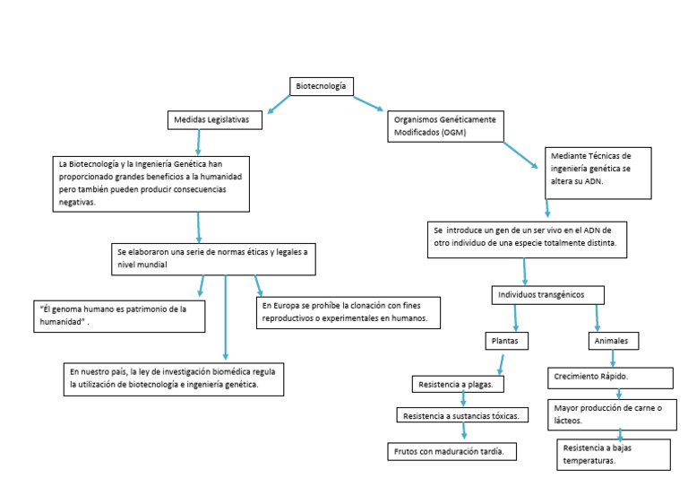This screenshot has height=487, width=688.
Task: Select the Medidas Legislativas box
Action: click(x=214, y=119)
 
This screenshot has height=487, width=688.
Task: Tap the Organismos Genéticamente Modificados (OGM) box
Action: click(x=445, y=125)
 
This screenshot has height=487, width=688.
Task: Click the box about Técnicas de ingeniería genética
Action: click(x=598, y=169)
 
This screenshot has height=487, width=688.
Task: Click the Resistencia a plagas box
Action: click(x=459, y=385)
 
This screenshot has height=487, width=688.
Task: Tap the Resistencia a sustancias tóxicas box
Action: click(x=461, y=415)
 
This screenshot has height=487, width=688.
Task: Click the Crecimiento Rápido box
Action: click(x=609, y=377)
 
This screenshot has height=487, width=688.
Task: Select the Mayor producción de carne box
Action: click(x=610, y=413)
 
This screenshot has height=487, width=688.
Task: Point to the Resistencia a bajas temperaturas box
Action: click(x=614, y=454)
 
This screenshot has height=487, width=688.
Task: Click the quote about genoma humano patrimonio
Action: click(x=117, y=316)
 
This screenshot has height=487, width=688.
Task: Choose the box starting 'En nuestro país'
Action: click(x=174, y=378)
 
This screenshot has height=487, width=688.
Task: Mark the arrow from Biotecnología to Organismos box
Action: click(x=367, y=103)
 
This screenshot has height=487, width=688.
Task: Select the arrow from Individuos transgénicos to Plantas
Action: click(x=515, y=318)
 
